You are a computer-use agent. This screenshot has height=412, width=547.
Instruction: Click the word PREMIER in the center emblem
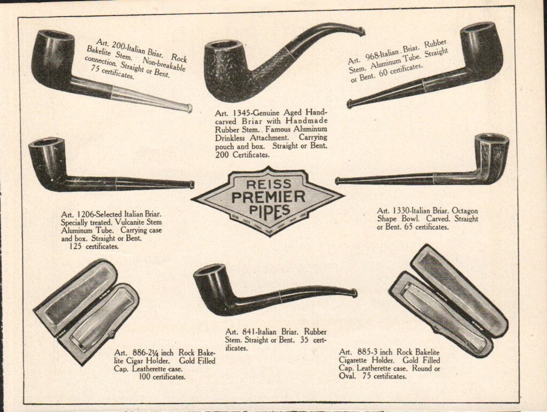tap(268, 197)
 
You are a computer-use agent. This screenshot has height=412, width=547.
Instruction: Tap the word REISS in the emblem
tap(268, 184)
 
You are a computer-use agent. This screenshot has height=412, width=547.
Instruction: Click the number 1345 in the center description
tap(238, 113)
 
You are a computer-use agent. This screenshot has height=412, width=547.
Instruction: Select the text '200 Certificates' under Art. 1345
tap(242, 154)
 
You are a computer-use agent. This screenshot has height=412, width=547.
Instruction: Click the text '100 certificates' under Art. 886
tap(162, 377)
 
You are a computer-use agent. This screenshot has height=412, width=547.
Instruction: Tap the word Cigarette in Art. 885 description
tap(354, 360)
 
